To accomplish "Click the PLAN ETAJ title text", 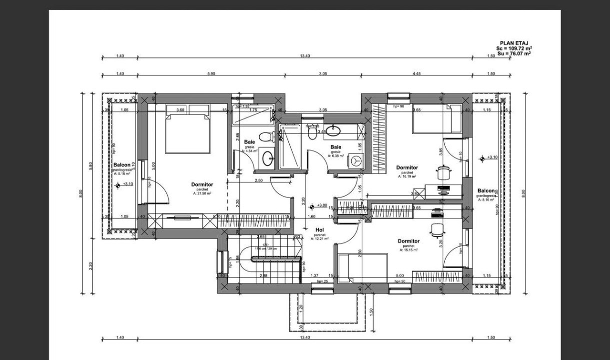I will pyautogui.click(x=514, y=43).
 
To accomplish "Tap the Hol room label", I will pyautogui.click(x=320, y=230).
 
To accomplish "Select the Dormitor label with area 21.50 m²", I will pyautogui.click(x=202, y=184).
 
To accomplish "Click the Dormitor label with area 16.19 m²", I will pyautogui.click(x=407, y=167).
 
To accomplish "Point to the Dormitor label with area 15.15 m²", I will pyautogui.click(x=408, y=241).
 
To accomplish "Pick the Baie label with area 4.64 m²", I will pyautogui.click(x=249, y=142).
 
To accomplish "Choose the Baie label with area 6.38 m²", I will pyautogui.click(x=335, y=147).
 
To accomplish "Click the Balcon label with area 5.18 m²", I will pyautogui.click(x=121, y=164).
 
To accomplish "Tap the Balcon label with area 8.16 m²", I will pyautogui.click(x=486, y=190).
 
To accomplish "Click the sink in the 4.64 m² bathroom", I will pyautogui.click(x=267, y=158).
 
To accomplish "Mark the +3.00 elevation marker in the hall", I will pyautogui.click(x=312, y=206).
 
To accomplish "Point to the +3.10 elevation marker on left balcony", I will pyautogui.click(x=118, y=185).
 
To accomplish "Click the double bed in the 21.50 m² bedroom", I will pyautogui.click(x=187, y=133).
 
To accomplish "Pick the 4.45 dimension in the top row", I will pyautogui.click(x=417, y=73).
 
